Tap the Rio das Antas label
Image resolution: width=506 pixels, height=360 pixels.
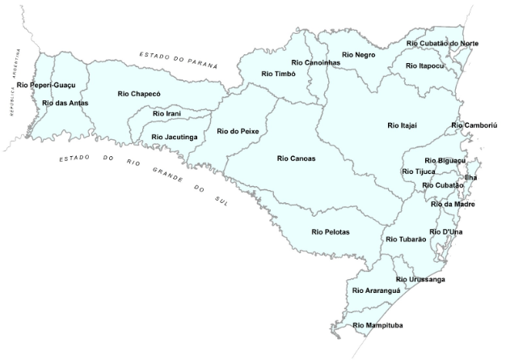(65, 103)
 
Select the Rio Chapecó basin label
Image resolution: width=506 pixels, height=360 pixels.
(139, 94)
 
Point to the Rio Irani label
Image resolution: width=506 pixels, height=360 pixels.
(167, 114)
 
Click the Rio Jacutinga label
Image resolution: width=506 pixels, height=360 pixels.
(175, 137)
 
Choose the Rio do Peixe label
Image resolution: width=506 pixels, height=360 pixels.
(238, 130)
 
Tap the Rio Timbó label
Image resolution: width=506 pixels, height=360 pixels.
(279, 74)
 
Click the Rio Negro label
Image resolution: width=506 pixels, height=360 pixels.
(359, 54)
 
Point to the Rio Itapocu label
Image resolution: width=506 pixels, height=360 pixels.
(424, 66)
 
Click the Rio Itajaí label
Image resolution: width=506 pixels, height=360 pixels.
(403, 125)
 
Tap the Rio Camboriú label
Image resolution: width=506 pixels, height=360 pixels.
(474, 125)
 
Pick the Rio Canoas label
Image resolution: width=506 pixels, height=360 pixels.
(296, 159)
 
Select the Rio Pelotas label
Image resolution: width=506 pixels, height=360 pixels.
(331, 232)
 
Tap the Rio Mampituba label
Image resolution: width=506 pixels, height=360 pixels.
(378, 325)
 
